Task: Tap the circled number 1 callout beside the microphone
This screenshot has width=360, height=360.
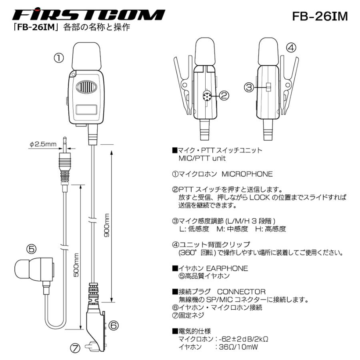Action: click(x=59, y=58)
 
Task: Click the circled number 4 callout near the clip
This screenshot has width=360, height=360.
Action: click(x=291, y=48)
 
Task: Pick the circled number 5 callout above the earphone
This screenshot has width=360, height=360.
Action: click(x=32, y=249)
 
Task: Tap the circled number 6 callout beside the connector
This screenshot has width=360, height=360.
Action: click(x=113, y=326)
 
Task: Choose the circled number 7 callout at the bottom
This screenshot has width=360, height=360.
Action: click(x=76, y=348)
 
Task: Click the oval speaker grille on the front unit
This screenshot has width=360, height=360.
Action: click(x=87, y=87)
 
